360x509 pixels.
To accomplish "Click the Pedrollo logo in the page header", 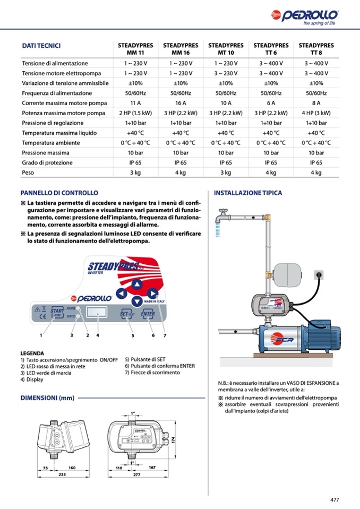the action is click(x=305, y=17).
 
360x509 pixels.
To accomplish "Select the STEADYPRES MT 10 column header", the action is click(x=226, y=49).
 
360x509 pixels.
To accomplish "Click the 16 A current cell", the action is click(x=181, y=103).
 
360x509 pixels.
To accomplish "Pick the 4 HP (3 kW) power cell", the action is click(x=316, y=113).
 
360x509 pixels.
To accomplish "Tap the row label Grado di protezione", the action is click(x=47, y=162).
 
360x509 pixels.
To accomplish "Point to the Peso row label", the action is click(x=28, y=172).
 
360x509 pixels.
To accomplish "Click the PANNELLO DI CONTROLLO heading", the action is click(x=59, y=193).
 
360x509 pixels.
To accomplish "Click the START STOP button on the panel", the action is click(x=57, y=313).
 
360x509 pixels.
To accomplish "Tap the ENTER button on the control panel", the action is click(x=148, y=313).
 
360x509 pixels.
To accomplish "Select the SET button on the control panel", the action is click(x=126, y=314).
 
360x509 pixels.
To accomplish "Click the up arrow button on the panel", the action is click(x=137, y=284).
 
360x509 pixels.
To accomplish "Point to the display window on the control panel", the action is click(x=97, y=312).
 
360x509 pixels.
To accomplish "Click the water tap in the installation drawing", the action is click(x=223, y=215).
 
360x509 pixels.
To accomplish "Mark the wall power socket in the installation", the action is click(x=319, y=275).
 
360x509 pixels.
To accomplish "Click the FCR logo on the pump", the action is click(x=281, y=339).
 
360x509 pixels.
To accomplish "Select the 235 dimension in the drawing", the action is click(x=62, y=475).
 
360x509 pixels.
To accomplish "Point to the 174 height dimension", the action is click(x=173, y=440).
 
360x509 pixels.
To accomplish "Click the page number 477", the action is click(x=335, y=499).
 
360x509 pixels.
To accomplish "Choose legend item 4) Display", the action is click(x=32, y=379).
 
